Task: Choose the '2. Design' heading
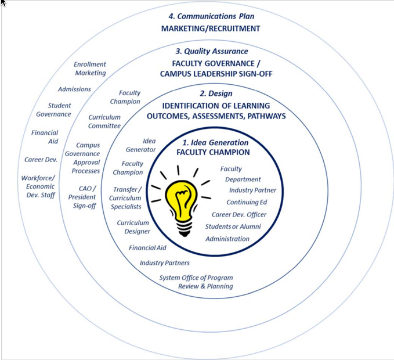(216, 93)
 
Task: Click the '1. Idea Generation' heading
(215, 143)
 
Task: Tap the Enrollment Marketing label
(90, 69)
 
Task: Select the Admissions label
(74, 89)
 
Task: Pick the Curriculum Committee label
(104, 121)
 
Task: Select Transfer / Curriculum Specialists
(127, 198)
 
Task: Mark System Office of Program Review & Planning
(197, 282)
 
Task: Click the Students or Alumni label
(233, 226)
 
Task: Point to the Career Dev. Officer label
(238, 215)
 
